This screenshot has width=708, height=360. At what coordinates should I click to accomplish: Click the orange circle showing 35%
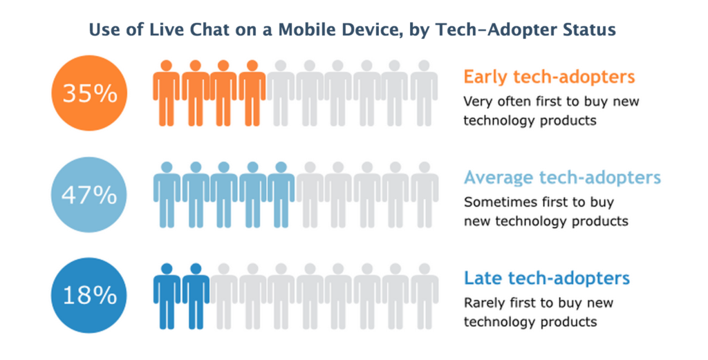(90, 93)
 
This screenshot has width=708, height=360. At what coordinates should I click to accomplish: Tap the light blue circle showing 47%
(90, 195)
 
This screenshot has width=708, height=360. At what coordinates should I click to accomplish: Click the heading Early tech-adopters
(549, 76)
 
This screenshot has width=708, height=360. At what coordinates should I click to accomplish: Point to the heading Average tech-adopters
(562, 178)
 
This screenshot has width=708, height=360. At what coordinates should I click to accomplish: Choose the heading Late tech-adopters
(547, 278)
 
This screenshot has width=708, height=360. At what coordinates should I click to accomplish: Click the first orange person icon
(167, 93)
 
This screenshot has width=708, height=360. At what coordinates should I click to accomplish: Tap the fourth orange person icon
(252, 93)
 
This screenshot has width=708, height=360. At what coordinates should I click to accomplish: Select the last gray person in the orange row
(424, 93)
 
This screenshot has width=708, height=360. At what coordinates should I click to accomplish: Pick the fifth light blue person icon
(281, 195)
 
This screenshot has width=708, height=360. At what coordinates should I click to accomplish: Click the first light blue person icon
(167, 195)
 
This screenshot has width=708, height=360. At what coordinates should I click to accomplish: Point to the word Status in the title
(592, 30)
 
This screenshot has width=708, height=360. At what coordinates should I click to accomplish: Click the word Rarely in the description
(484, 303)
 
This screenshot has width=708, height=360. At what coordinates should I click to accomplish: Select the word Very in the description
(477, 102)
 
